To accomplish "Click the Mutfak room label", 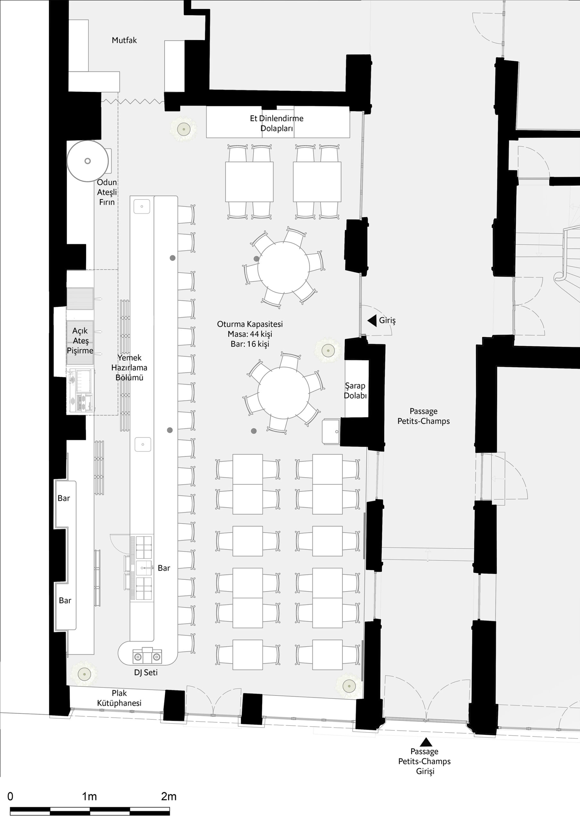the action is [124, 40].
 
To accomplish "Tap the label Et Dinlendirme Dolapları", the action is [277, 123].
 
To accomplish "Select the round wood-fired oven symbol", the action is [87, 161].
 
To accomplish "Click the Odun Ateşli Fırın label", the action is [107, 192].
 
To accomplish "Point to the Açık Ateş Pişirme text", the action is [80, 340].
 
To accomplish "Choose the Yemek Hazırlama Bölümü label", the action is [129, 367].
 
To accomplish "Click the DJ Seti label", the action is [146, 672].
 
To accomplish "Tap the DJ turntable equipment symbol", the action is [147, 656].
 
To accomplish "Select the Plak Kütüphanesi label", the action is [119, 698].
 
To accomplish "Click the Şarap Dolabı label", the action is [355, 391].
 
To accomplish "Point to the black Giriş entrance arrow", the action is [372, 320].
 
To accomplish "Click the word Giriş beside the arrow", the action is [387, 320].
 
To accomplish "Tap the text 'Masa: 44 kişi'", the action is [250, 334].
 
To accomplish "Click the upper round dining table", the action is [284, 267].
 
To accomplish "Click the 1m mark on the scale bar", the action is [89, 796].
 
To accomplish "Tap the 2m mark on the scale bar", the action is [169, 796].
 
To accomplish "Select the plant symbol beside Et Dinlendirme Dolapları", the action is [184, 129].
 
